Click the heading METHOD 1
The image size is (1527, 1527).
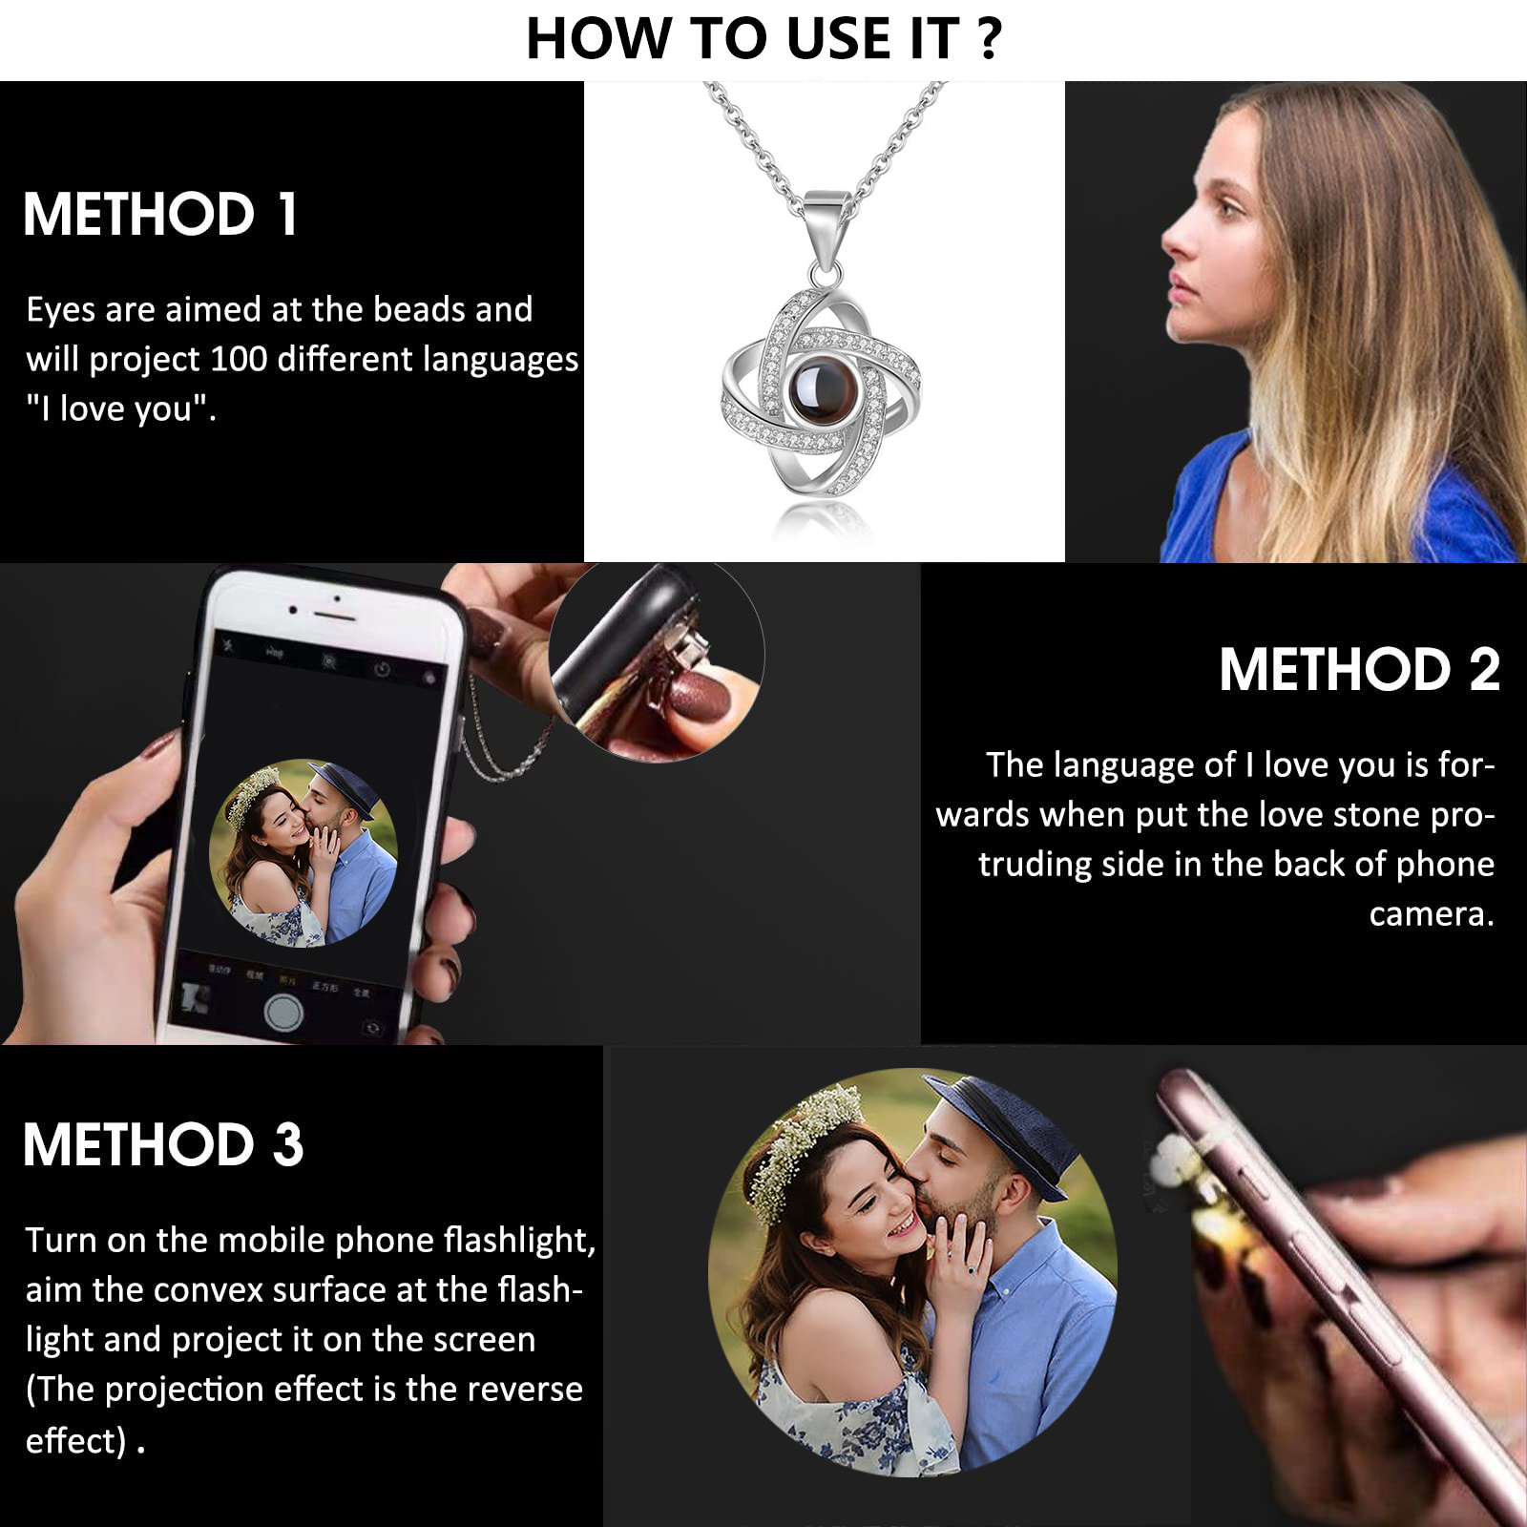click(x=160, y=214)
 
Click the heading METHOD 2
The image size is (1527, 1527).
click(x=1359, y=669)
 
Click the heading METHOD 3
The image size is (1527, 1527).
click(x=163, y=1144)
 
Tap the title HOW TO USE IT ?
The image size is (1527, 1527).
click(x=763, y=39)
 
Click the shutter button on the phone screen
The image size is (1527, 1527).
click(x=283, y=1012)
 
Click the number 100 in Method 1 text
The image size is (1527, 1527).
click(x=239, y=360)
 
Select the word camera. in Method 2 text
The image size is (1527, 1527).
click(x=1431, y=914)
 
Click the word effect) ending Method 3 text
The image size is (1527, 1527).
click(x=75, y=1440)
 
